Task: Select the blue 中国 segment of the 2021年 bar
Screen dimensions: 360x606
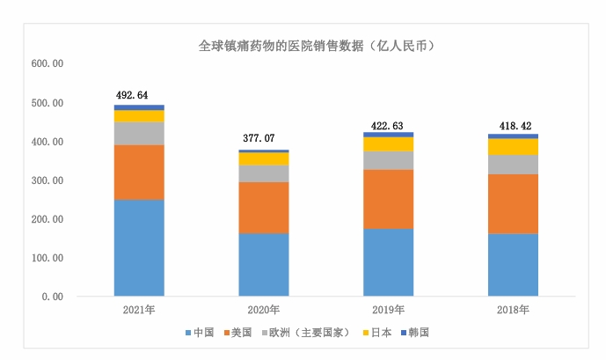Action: (x=139, y=247)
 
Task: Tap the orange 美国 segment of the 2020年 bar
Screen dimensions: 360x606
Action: (x=264, y=207)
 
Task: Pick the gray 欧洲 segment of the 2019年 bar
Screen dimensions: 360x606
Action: (x=388, y=159)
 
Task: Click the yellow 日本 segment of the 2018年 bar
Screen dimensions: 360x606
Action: (x=513, y=146)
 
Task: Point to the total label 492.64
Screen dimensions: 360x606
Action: (x=139, y=95)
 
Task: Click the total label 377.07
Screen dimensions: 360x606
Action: (x=264, y=139)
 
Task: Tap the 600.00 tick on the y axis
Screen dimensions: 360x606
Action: (x=47, y=64)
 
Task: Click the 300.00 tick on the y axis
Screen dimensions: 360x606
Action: (x=47, y=180)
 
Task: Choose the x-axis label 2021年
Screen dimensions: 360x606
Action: (x=139, y=310)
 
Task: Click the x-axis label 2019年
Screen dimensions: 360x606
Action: (x=388, y=310)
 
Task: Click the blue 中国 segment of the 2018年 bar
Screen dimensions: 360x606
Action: (x=513, y=264)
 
